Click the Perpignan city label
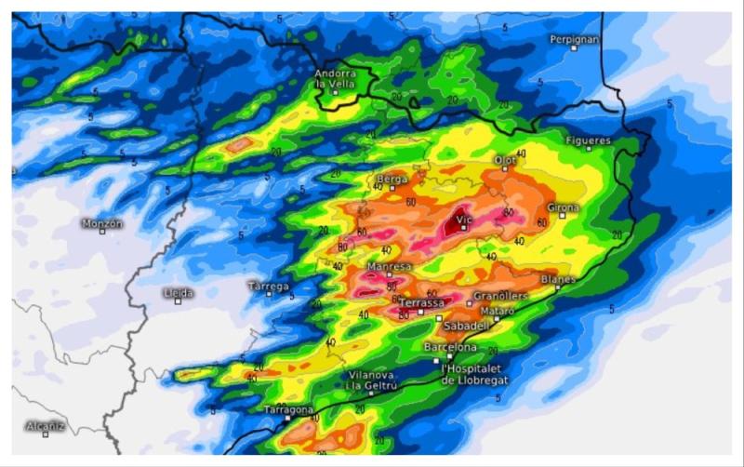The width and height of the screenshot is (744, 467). (x=574, y=39)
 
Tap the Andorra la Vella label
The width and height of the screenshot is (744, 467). (x=336, y=79)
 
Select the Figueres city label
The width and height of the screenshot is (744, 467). (x=588, y=140)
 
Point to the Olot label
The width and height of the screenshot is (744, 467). (x=505, y=160)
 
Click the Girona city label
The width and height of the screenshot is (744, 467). (x=563, y=207)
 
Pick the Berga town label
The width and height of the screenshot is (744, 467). (x=392, y=179)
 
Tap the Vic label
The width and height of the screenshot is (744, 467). (x=465, y=219)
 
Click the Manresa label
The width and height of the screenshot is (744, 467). (x=390, y=267)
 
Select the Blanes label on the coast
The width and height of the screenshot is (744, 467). (x=558, y=279)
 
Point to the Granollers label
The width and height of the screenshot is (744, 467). (x=500, y=296)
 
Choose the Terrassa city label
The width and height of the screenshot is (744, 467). (x=421, y=302)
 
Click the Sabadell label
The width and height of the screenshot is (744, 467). (x=466, y=326)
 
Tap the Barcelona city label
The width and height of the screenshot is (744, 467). (x=450, y=347)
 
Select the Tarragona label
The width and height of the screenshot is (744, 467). (x=288, y=409)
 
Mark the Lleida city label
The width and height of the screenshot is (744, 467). (x=178, y=293)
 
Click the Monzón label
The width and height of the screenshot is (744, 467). (x=102, y=223)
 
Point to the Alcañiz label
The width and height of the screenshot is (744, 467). (x=46, y=426)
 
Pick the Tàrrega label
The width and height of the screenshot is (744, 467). (x=269, y=287)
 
